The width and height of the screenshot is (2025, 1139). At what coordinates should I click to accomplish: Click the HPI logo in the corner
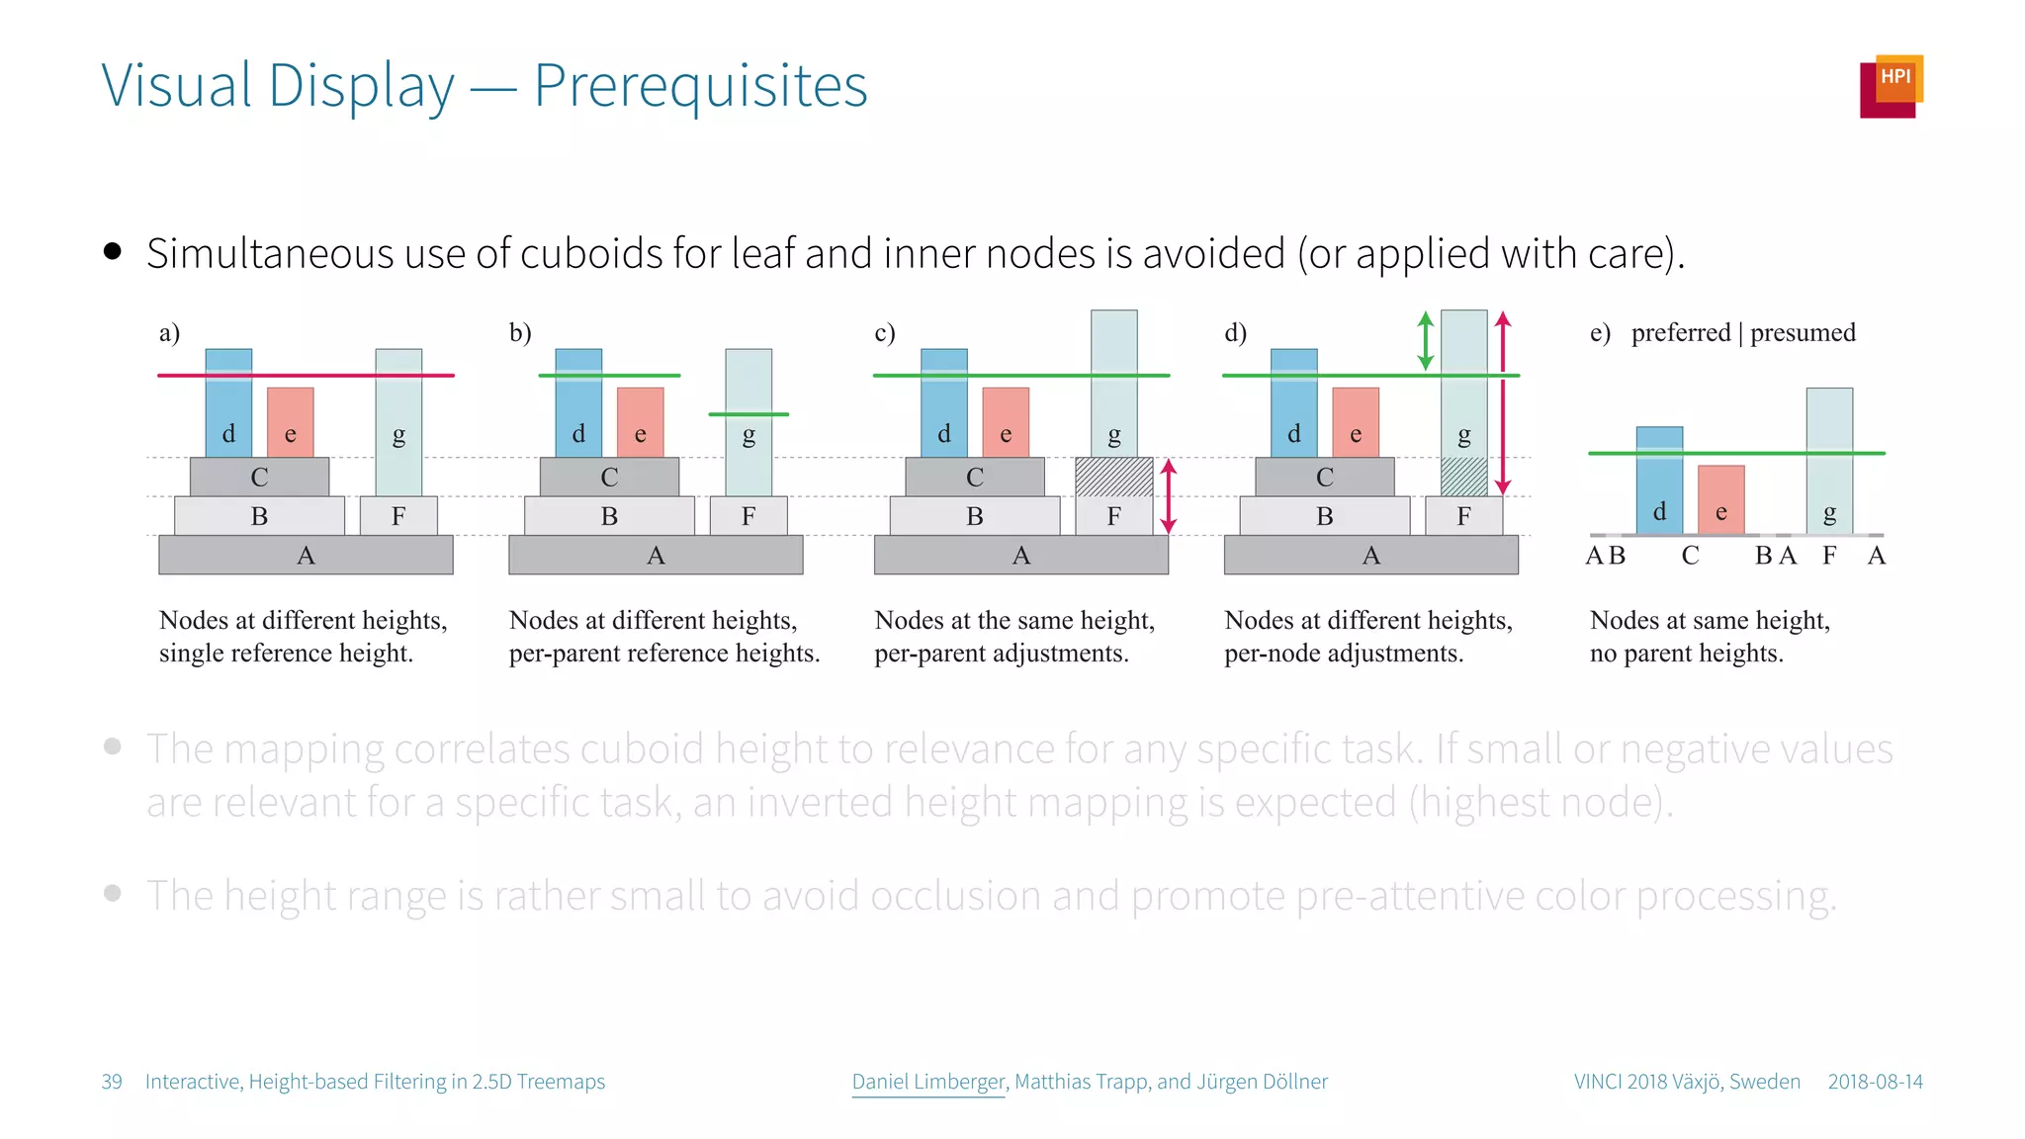(1891, 86)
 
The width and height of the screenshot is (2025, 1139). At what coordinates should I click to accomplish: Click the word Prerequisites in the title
(700, 86)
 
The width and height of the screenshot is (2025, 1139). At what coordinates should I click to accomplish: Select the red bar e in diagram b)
(640, 422)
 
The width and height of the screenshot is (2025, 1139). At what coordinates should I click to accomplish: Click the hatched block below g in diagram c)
(1113, 477)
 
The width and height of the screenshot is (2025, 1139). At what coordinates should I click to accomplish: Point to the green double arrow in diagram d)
(1425, 340)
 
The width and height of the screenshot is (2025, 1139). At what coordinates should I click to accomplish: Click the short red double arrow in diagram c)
(1168, 496)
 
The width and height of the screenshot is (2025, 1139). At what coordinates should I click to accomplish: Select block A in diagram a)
(306, 555)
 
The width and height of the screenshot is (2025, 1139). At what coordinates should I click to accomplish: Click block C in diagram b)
(609, 477)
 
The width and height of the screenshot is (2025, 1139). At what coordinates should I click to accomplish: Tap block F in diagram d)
(1463, 516)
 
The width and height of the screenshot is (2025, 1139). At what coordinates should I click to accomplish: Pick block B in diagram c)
(974, 516)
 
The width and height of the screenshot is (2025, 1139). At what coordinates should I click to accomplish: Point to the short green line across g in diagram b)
(748, 414)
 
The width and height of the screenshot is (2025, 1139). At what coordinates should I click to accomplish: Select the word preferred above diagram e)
(1680, 332)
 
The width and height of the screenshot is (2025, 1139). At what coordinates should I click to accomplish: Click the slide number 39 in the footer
(112, 1082)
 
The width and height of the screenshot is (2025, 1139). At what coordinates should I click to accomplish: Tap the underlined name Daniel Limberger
(927, 1082)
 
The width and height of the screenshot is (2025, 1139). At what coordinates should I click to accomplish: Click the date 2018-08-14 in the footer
(1875, 1082)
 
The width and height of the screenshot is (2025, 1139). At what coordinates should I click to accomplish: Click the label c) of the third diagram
(884, 332)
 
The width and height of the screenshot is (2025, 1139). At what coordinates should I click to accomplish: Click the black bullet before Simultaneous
(113, 251)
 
